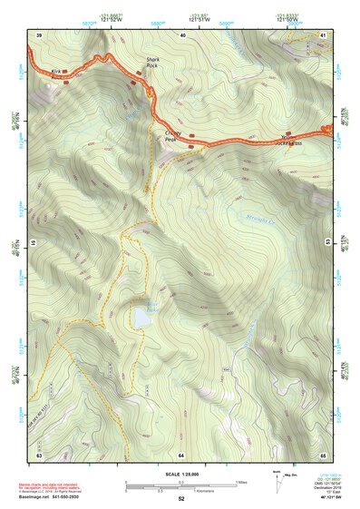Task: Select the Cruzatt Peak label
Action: point(174,135)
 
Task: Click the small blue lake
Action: point(141,318)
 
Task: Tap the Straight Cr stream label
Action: point(259,215)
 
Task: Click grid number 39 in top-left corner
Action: point(39,34)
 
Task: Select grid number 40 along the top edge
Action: point(183,34)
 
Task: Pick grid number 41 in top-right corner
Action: point(324,34)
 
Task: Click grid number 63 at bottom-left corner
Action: point(39,454)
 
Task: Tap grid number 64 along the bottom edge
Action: point(181,454)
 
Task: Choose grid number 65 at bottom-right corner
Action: point(324,454)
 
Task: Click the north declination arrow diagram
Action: point(277,482)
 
